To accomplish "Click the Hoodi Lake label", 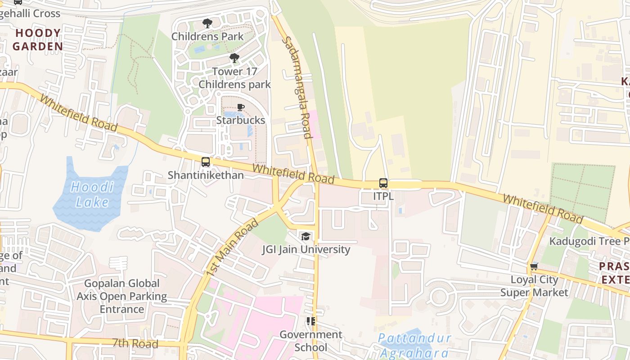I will tap(92, 194).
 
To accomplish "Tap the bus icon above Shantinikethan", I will tap(206, 162).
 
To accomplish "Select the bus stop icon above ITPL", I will tap(383, 183).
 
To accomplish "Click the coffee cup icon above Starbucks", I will tap(241, 107).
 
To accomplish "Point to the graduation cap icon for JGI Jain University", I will tap(306, 236).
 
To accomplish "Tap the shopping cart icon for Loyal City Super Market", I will tap(534, 266).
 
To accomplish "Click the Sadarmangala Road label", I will tap(297, 87).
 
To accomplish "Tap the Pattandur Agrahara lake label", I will tap(414, 345).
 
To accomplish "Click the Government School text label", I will tap(311, 341).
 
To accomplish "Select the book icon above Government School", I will tap(310, 321).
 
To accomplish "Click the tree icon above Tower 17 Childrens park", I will tap(234, 58).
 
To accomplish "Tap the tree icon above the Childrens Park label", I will tap(207, 23).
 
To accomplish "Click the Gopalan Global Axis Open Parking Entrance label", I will tap(121, 296).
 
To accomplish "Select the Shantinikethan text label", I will tap(206, 175).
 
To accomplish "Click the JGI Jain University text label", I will tap(306, 249).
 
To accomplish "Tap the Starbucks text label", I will tap(241, 120).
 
